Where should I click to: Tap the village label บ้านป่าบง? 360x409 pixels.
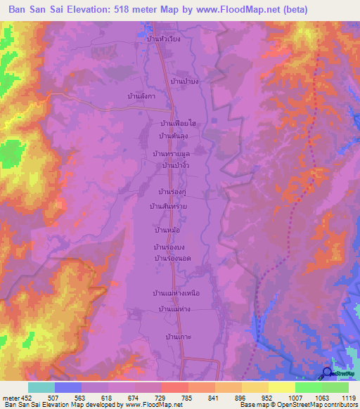tap(185, 82)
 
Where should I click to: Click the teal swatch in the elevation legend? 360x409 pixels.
tap(41, 387)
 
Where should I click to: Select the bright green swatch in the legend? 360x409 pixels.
tap(308, 387)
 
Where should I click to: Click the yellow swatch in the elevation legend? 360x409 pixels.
tap(281, 387)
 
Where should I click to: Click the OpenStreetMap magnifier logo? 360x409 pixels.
tap(326, 373)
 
